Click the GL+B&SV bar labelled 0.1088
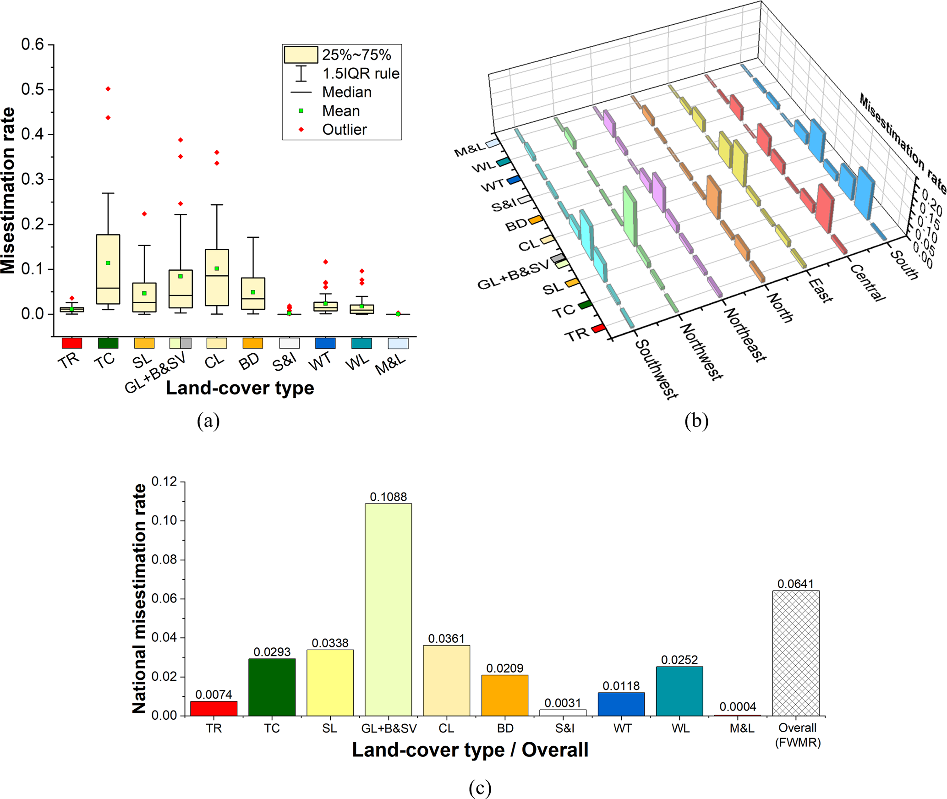click(388, 609)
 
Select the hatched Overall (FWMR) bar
click(795, 653)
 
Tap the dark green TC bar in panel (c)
click(272, 687)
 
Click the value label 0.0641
click(795, 584)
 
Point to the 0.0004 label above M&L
click(738, 706)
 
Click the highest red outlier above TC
click(108, 89)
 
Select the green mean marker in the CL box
click(217, 268)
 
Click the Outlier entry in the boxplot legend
click(344, 130)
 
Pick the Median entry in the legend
click(346, 92)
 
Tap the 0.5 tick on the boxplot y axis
click(33, 89)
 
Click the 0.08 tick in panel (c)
click(164, 559)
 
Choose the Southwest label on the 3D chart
click(657, 369)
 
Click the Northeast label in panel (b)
click(745, 334)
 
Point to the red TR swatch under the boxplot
click(72, 343)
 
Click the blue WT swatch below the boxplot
click(325, 343)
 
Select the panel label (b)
click(696, 420)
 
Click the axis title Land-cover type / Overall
click(470, 750)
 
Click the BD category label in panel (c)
click(505, 728)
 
